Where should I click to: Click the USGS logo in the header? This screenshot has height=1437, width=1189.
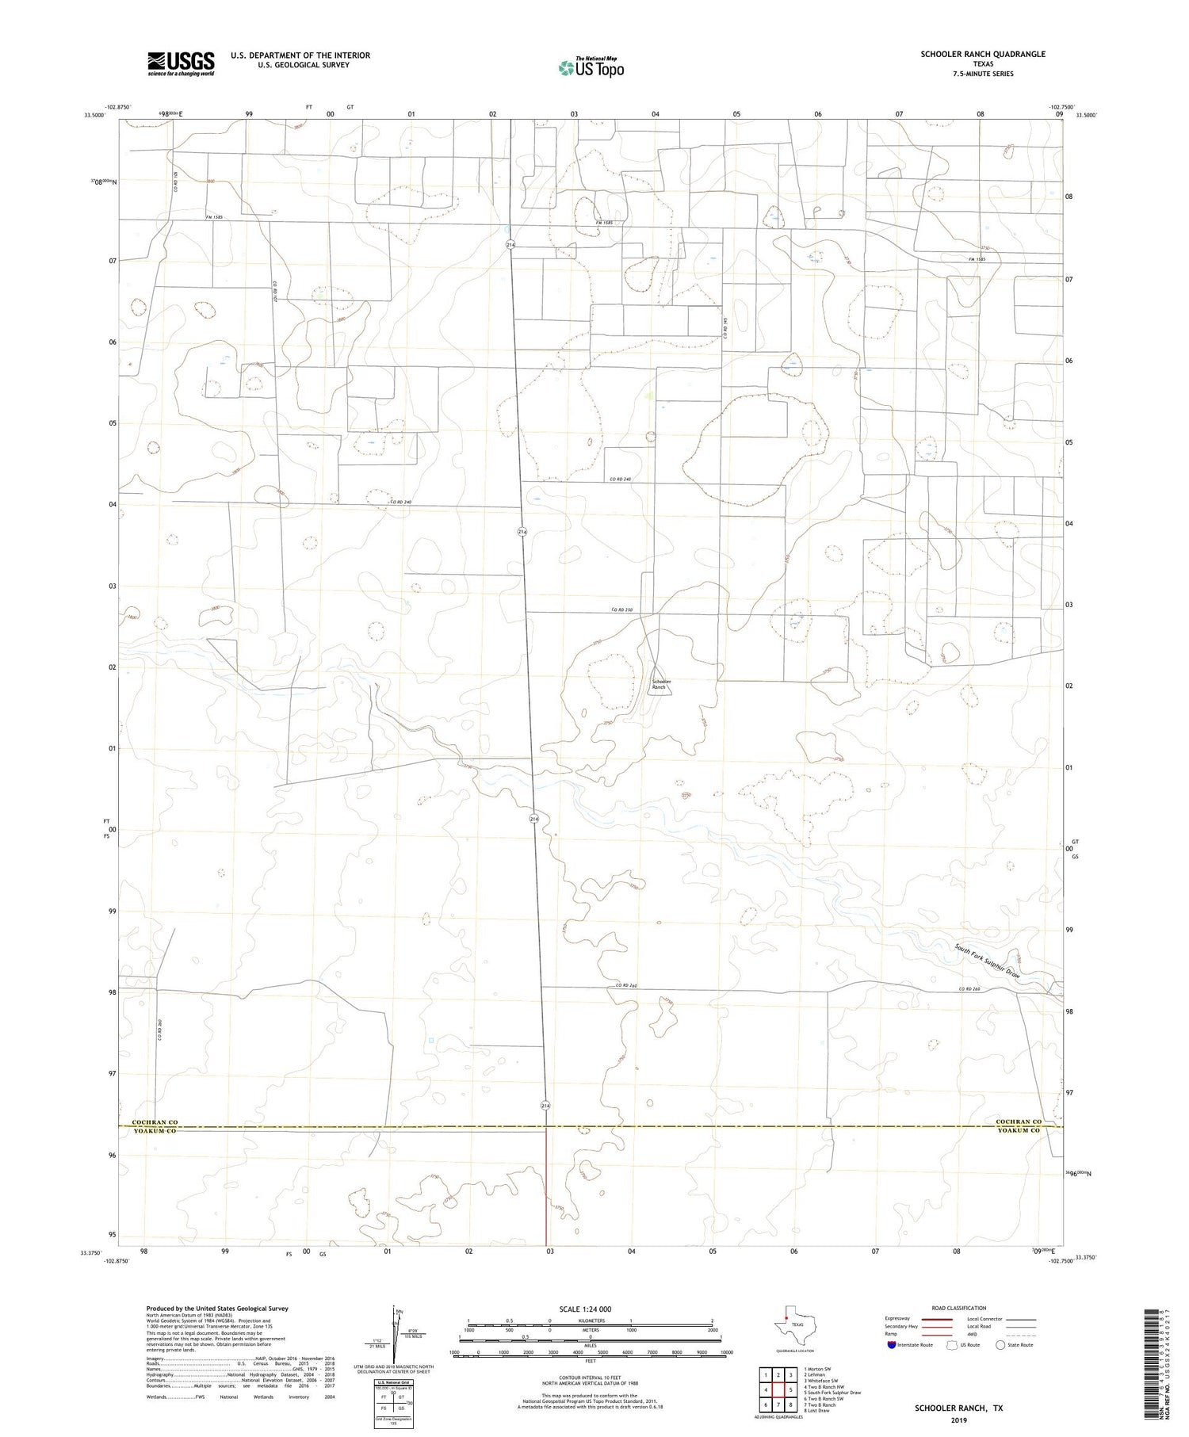181,63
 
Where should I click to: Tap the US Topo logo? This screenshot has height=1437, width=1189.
591,68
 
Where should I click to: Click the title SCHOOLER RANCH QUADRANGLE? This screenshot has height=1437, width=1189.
982,54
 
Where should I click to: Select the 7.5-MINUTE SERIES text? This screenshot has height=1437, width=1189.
982,74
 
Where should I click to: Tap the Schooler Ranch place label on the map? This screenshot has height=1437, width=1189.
661,684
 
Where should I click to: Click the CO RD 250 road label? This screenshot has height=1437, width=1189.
621,609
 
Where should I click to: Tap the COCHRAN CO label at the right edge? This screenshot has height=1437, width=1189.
1019,1122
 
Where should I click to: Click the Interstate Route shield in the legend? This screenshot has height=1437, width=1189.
892,1344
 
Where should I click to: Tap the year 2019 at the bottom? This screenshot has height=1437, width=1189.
958,1420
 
